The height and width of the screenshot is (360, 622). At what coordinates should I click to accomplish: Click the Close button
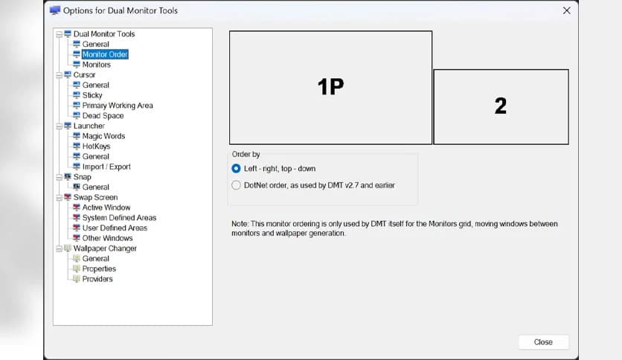tap(543, 342)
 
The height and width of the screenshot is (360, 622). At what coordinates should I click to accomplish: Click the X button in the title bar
tap(566, 10)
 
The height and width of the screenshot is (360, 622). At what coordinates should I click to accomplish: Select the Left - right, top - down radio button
tap(237, 169)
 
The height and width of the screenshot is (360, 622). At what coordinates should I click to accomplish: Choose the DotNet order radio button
tap(237, 185)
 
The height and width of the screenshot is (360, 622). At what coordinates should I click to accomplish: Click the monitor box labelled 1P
tap(330, 87)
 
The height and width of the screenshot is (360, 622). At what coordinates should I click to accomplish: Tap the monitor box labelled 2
tap(501, 106)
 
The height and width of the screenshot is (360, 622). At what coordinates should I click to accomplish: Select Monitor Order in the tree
tap(105, 54)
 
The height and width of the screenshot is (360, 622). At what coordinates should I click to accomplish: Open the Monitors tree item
tap(97, 65)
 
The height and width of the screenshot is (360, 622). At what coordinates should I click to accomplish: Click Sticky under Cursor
tap(92, 95)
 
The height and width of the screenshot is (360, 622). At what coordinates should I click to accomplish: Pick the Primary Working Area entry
tap(118, 106)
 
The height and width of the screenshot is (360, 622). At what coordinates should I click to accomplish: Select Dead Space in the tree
tap(103, 116)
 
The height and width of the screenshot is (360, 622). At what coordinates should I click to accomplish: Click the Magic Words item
tap(103, 136)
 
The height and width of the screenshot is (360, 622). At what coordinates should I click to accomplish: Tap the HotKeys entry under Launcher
tap(96, 147)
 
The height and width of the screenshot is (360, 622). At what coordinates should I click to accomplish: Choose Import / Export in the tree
tap(106, 167)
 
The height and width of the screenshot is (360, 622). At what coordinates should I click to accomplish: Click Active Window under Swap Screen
tap(106, 208)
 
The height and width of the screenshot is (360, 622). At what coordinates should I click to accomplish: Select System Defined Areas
tap(119, 218)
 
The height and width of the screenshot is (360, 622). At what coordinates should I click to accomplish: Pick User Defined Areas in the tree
tap(115, 228)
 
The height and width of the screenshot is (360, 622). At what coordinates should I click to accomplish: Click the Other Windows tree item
tap(107, 238)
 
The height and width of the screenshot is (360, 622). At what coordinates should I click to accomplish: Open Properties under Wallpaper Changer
tap(99, 269)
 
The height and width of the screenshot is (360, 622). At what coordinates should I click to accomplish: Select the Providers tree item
tap(97, 279)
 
